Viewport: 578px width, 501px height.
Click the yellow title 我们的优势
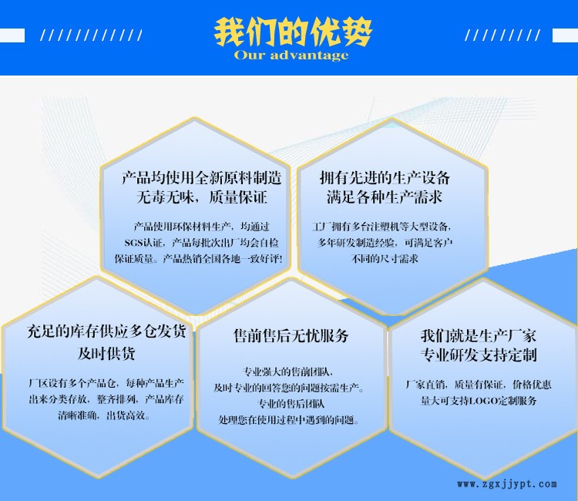pyautogui.click(x=293, y=32)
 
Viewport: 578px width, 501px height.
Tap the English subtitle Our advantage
pyautogui.click(x=291, y=55)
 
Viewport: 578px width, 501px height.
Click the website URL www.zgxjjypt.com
pyautogui.click(x=507, y=484)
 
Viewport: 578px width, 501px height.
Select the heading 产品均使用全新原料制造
pyautogui.click(x=202, y=178)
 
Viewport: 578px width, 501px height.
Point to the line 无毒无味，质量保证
pyautogui.click(x=202, y=197)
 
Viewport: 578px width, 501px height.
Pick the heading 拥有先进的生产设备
pyautogui.click(x=385, y=178)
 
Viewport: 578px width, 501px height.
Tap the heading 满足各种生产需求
pyautogui.click(x=385, y=197)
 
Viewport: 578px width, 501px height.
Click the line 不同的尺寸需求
pyautogui.click(x=385, y=258)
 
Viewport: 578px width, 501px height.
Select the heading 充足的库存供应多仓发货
pyautogui.click(x=106, y=331)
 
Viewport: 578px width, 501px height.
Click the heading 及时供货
pyautogui.click(x=106, y=353)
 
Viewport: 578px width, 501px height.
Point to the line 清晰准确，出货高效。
pyautogui.click(x=104, y=416)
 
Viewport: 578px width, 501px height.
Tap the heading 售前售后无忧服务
pyautogui.click(x=291, y=336)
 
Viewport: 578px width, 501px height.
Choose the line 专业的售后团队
pyautogui.click(x=291, y=404)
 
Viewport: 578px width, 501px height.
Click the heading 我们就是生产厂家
pyautogui.click(x=479, y=336)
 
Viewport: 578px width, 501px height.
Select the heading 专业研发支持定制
pyautogui.click(x=479, y=355)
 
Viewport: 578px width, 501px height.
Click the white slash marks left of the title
pyautogui.click(x=91, y=35)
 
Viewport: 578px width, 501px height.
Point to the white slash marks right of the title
pyautogui.click(x=502, y=35)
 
